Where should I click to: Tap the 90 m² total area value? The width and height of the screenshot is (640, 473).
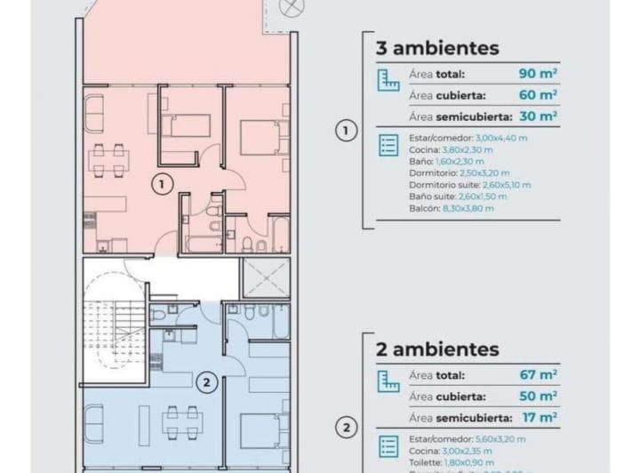coord(538,75)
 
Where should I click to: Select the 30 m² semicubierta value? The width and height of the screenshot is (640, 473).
coord(538,116)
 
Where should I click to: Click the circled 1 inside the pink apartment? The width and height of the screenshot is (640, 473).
coord(161,185)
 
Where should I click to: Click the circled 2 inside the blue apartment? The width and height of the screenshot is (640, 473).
coord(206,383)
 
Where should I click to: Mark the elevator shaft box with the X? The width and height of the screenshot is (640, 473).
coord(264,277)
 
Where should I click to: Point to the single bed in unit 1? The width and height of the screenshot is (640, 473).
coord(188,125)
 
